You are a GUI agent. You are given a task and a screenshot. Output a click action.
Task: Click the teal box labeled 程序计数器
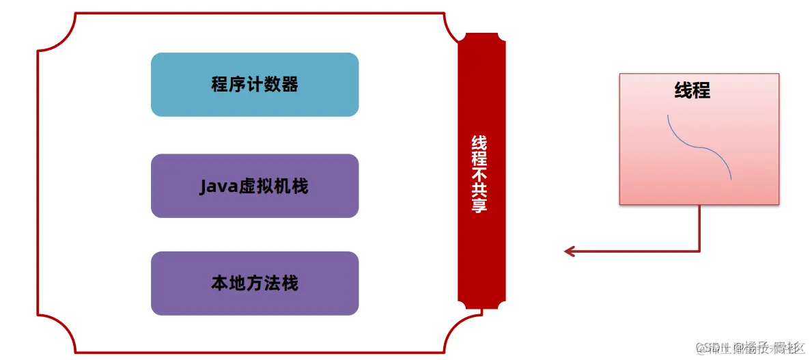(254, 85)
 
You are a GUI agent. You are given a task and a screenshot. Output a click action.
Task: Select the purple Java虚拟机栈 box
(254, 186)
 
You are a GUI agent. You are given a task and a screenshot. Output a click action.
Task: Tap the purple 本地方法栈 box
(254, 283)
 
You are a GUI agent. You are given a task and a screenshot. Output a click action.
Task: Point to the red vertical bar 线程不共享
(481, 171)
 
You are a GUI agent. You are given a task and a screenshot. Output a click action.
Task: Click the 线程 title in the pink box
(692, 90)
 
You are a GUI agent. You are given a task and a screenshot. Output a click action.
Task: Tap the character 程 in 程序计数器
(220, 85)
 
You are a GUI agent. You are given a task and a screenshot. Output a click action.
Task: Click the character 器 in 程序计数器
(290, 85)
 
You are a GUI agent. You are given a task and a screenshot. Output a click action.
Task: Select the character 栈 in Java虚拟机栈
(301, 186)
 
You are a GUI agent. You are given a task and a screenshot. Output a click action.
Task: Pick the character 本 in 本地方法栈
(220, 283)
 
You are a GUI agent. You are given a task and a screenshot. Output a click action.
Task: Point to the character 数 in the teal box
(272, 85)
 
